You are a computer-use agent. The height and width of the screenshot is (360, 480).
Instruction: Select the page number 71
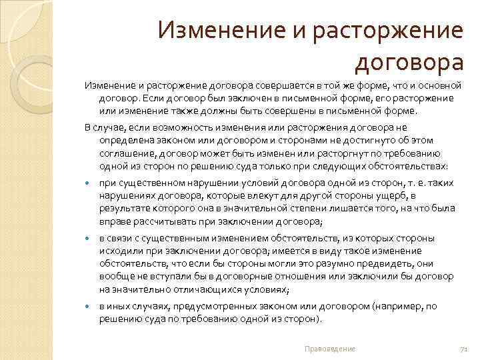pyautogui.click(x=465, y=349)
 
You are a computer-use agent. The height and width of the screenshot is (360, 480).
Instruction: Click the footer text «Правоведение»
pyautogui.click(x=329, y=349)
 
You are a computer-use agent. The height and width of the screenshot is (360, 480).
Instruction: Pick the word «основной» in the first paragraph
pyautogui.click(x=442, y=86)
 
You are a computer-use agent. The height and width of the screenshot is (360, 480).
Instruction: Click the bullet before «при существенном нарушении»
pyautogui.click(x=88, y=183)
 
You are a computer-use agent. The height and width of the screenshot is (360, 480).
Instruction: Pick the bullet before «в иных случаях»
pyautogui.click(x=88, y=307)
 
